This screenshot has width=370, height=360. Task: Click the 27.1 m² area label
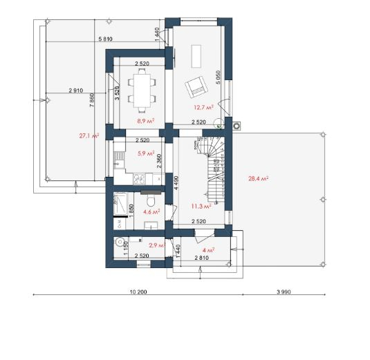point(89,136)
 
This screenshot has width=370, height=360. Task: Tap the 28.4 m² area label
point(258,178)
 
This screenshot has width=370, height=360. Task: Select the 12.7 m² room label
point(203,107)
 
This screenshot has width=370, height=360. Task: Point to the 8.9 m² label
point(146,121)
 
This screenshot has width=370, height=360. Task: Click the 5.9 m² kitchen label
point(146,153)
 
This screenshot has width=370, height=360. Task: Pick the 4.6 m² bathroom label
point(151,211)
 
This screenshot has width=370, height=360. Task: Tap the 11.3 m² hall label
point(201,207)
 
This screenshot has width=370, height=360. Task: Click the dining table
point(142,91)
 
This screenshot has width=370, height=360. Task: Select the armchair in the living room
point(197,87)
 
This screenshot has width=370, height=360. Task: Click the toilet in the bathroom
point(150,200)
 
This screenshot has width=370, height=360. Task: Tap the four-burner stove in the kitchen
point(140,179)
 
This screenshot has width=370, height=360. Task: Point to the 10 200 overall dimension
point(138,292)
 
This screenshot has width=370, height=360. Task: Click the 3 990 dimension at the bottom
point(284,292)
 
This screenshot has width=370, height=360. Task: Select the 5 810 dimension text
point(105,39)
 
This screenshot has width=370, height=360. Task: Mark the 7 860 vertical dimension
point(92,100)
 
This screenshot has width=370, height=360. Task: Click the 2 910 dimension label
point(76,91)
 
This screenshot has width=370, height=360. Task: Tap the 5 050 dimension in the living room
point(218,77)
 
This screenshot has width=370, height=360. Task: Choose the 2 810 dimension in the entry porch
point(201,258)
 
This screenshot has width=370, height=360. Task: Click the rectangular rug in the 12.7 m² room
point(196,56)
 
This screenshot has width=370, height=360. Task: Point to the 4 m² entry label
point(208,250)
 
